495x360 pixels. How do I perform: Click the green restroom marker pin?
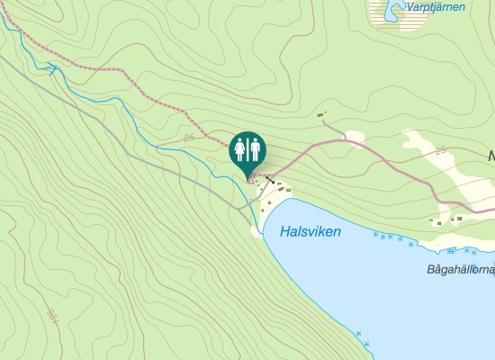247,150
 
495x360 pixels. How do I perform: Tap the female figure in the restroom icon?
240,148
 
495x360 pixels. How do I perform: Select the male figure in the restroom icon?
255,148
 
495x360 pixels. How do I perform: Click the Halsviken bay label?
310,231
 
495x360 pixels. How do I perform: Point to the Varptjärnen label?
436,7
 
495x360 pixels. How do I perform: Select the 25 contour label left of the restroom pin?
188,138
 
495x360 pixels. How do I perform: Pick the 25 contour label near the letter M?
441,150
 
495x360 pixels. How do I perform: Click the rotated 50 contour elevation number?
51,317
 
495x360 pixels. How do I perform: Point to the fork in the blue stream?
51,68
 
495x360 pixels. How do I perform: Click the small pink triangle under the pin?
251,179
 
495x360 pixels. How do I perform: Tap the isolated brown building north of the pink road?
320,115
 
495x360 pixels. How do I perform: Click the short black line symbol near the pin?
269,180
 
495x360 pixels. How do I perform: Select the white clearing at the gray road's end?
355,139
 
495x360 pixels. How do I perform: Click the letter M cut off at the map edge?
491,157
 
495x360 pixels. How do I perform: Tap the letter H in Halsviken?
285,231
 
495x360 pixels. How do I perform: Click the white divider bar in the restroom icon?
247,148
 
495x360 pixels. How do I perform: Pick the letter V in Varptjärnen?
411,7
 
